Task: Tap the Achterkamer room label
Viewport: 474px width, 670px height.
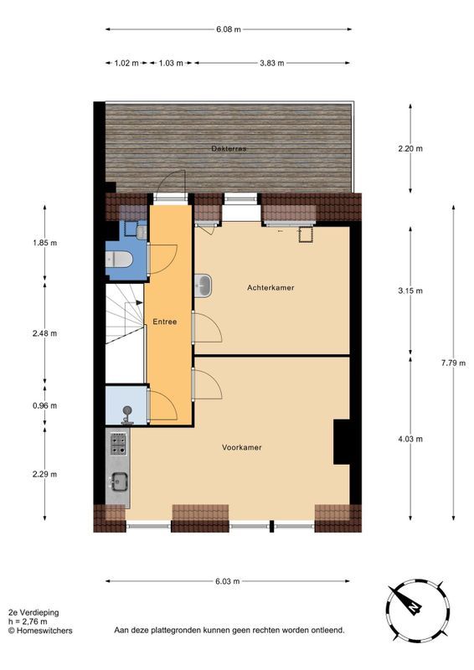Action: point(270,288)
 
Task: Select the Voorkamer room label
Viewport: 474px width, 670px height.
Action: point(242,447)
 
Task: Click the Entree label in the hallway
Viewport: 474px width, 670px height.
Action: point(164,322)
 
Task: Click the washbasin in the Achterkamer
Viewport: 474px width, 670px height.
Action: point(204,286)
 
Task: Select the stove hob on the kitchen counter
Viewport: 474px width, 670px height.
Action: point(118,442)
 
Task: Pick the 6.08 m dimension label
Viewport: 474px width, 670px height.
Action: point(228,29)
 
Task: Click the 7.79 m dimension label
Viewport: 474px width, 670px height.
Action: point(454,363)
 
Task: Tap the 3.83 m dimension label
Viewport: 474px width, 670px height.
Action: point(272,63)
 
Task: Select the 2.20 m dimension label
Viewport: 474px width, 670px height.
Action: point(410,149)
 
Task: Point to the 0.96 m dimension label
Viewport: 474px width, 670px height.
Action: point(45,405)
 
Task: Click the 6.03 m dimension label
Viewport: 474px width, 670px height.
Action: point(227,581)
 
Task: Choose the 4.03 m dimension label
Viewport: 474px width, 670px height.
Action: point(410,439)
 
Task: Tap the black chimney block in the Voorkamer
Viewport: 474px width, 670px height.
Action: point(342,441)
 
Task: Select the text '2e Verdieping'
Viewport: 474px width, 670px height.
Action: point(33,613)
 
